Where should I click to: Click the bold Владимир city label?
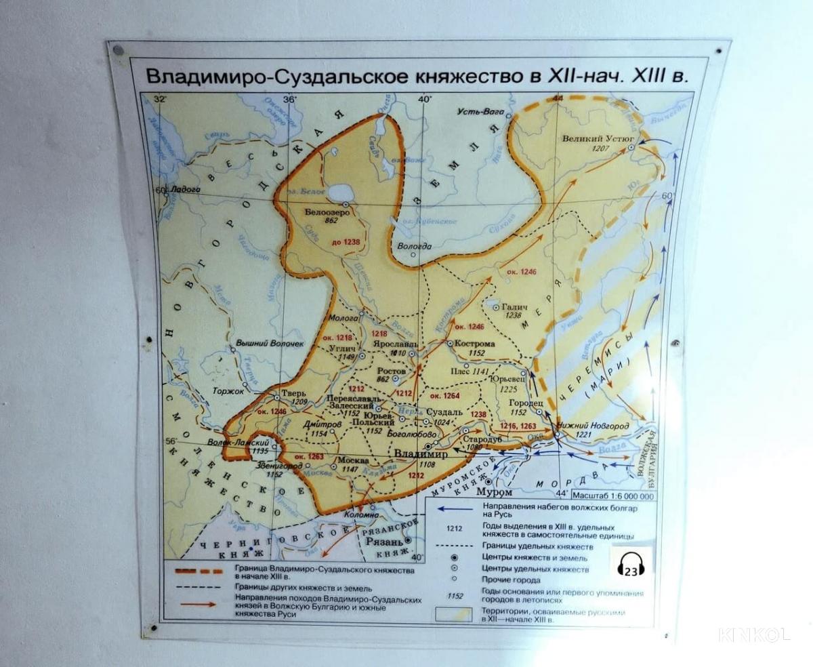click(x=421, y=454)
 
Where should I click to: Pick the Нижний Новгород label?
click(x=593, y=426)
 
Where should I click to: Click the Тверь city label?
click(x=299, y=392)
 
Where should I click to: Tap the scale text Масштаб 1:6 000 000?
click(x=613, y=496)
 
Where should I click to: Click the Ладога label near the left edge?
click(x=184, y=190)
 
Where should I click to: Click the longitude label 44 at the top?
click(x=558, y=99)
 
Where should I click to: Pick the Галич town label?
click(x=514, y=307)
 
